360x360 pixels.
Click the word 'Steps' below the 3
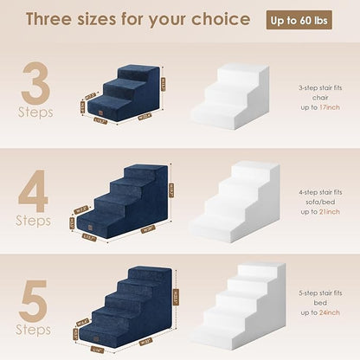click(35, 112)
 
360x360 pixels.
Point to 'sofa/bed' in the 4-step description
click(316, 202)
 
